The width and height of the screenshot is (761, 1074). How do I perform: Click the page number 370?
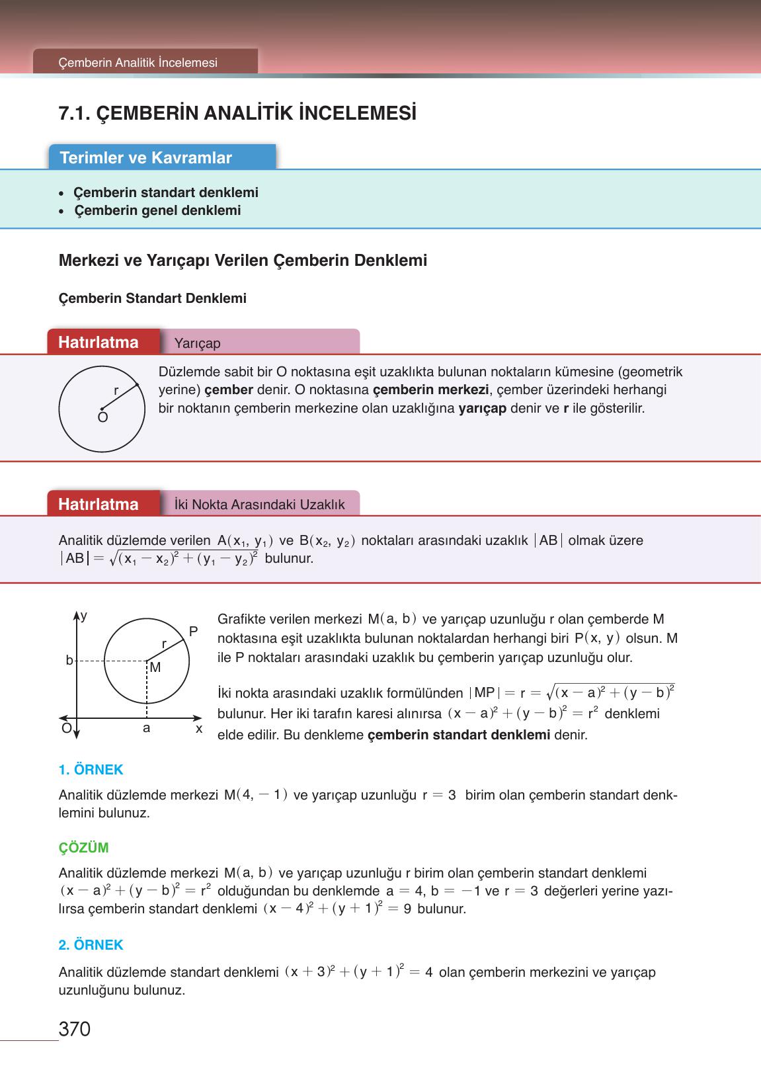[x=74, y=1029]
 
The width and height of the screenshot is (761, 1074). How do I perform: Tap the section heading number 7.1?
[x=75, y=114]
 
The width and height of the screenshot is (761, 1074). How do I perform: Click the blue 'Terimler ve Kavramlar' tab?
[x=146, y=158]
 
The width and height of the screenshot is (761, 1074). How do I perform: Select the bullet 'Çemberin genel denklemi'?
[x=157, y=211]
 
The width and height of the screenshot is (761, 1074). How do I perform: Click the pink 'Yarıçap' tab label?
[x=198, y=343]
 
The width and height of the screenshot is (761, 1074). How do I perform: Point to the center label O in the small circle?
[x=102, y=418]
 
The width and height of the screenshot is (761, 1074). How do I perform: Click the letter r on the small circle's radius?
[x=116, y=391]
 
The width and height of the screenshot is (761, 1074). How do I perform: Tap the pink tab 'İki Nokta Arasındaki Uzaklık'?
[x=259, y=505]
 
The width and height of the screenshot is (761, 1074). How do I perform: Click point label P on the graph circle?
[x=193, y=632]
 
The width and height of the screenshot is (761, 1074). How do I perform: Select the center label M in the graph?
[x=155, y=668]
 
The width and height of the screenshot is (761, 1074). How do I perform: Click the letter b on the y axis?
[x=69, y=660]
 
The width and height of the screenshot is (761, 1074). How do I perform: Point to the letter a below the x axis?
[x=146, y=728]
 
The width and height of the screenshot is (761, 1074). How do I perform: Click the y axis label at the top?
[x=84, y=616]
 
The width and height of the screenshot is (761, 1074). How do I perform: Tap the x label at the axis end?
[x=198, y=729]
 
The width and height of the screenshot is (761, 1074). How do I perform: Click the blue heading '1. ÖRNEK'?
[x=91, y=770]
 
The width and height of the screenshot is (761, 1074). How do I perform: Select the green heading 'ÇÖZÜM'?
[x=83, y=848]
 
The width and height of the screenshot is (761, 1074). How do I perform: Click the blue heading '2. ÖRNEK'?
[x=91, y=945]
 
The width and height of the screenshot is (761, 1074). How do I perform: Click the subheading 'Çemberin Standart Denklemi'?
[x=153, y=298]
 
